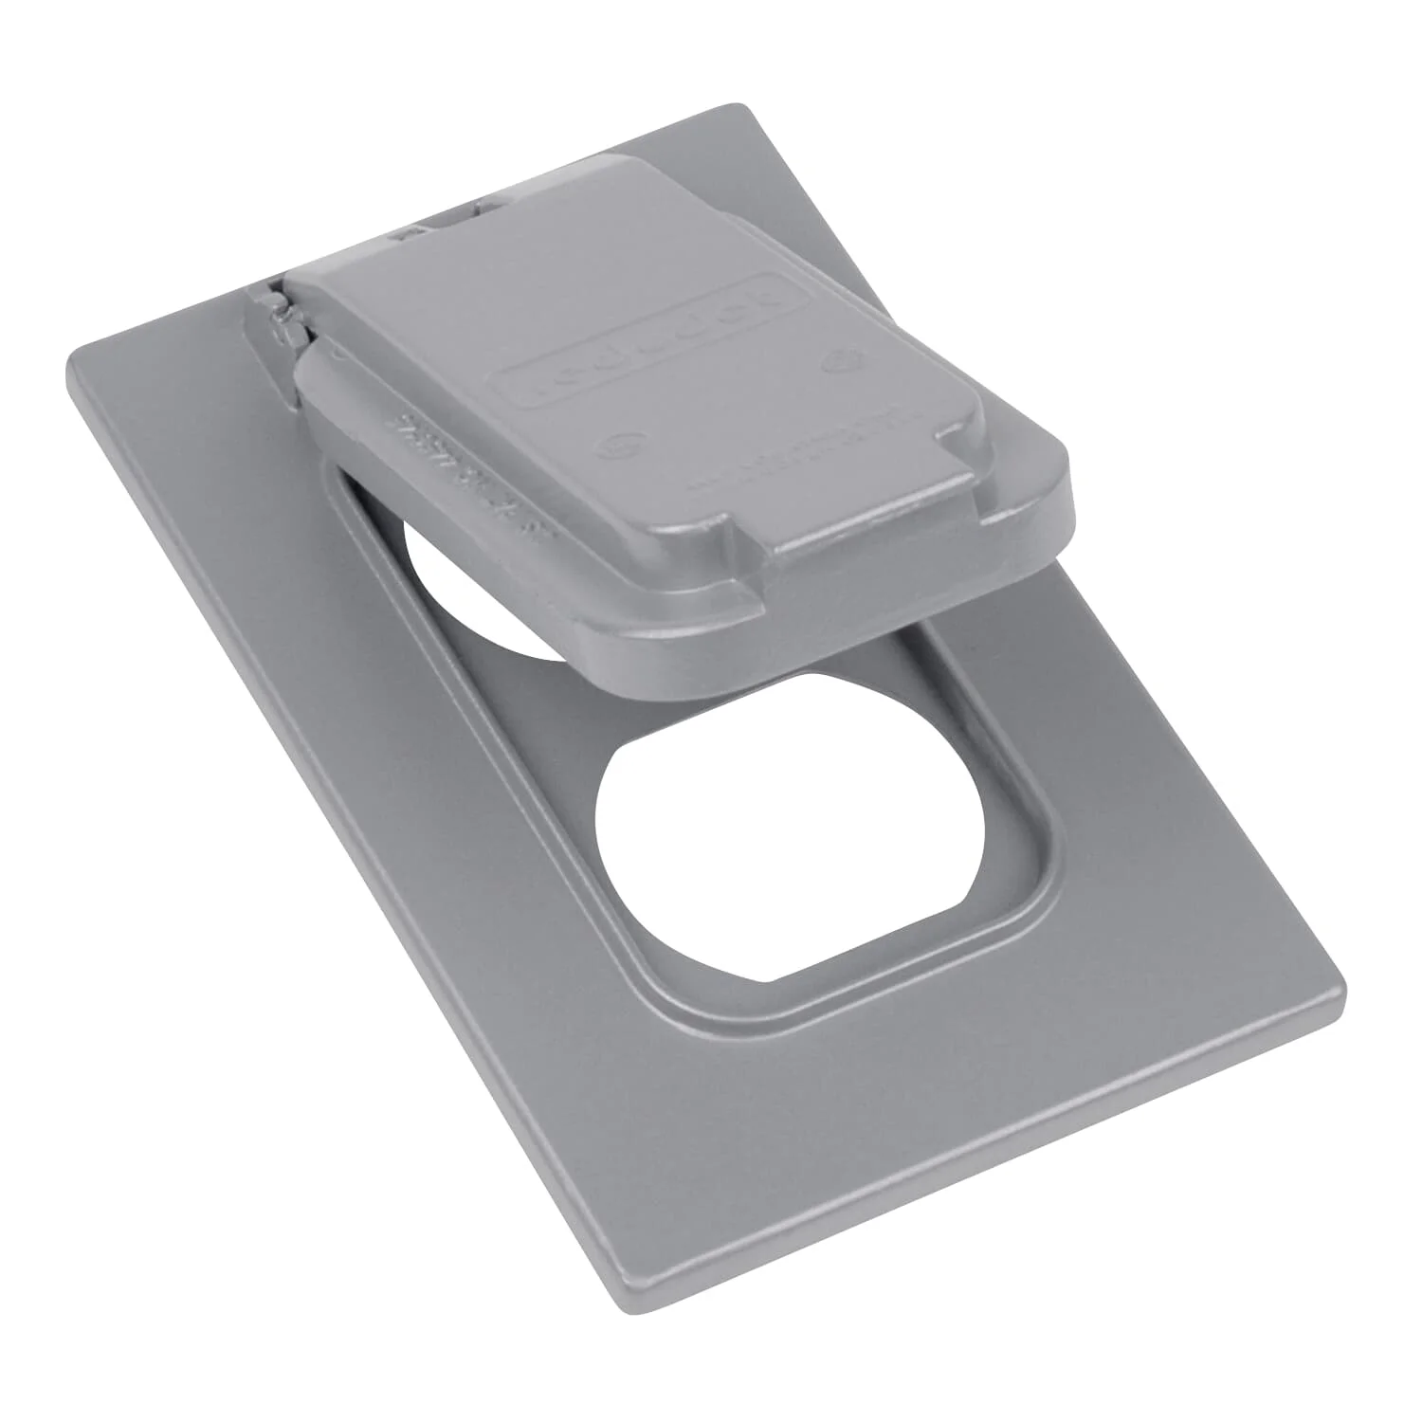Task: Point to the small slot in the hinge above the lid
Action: point(413,231)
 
